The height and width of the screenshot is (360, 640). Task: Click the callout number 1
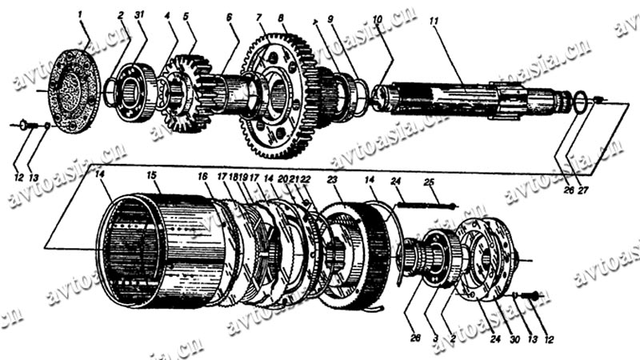click(x=81, y=14)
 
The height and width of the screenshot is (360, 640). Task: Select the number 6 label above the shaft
click(x=230, y=18)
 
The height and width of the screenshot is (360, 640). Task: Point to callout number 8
click(x=282, y=18)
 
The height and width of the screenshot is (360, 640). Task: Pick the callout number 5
click(x=186, y=17)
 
